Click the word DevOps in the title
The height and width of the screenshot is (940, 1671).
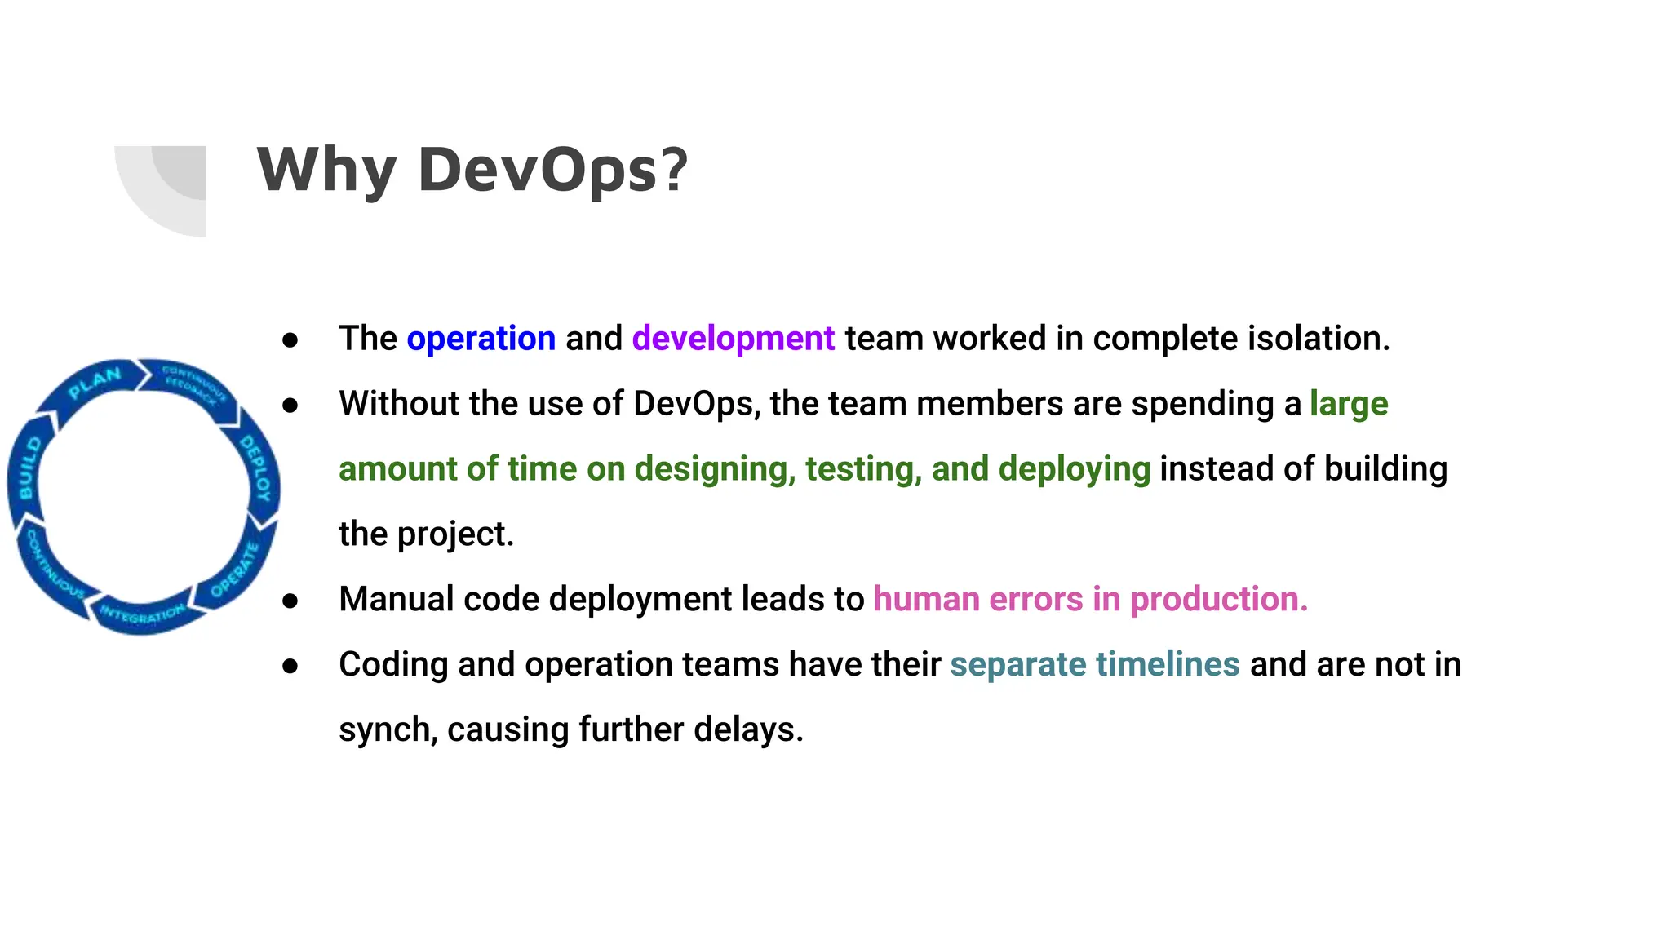click(553, 170)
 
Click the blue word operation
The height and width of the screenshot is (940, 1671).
click(481, 339)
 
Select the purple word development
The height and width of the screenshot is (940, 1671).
click(733, 339)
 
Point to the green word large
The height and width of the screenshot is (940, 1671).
click(1348, 404)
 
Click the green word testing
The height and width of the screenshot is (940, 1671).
click(863, 469)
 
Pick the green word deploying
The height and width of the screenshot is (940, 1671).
click(1074, 469)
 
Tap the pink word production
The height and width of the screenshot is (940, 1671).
click(1218, 599)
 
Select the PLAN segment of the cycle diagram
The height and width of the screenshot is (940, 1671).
click(95, 382)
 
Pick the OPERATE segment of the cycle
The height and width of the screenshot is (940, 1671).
click(235, 570)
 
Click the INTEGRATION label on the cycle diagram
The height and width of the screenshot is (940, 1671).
click(142, 614)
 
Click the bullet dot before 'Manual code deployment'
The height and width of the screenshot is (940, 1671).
click(290, 601)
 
